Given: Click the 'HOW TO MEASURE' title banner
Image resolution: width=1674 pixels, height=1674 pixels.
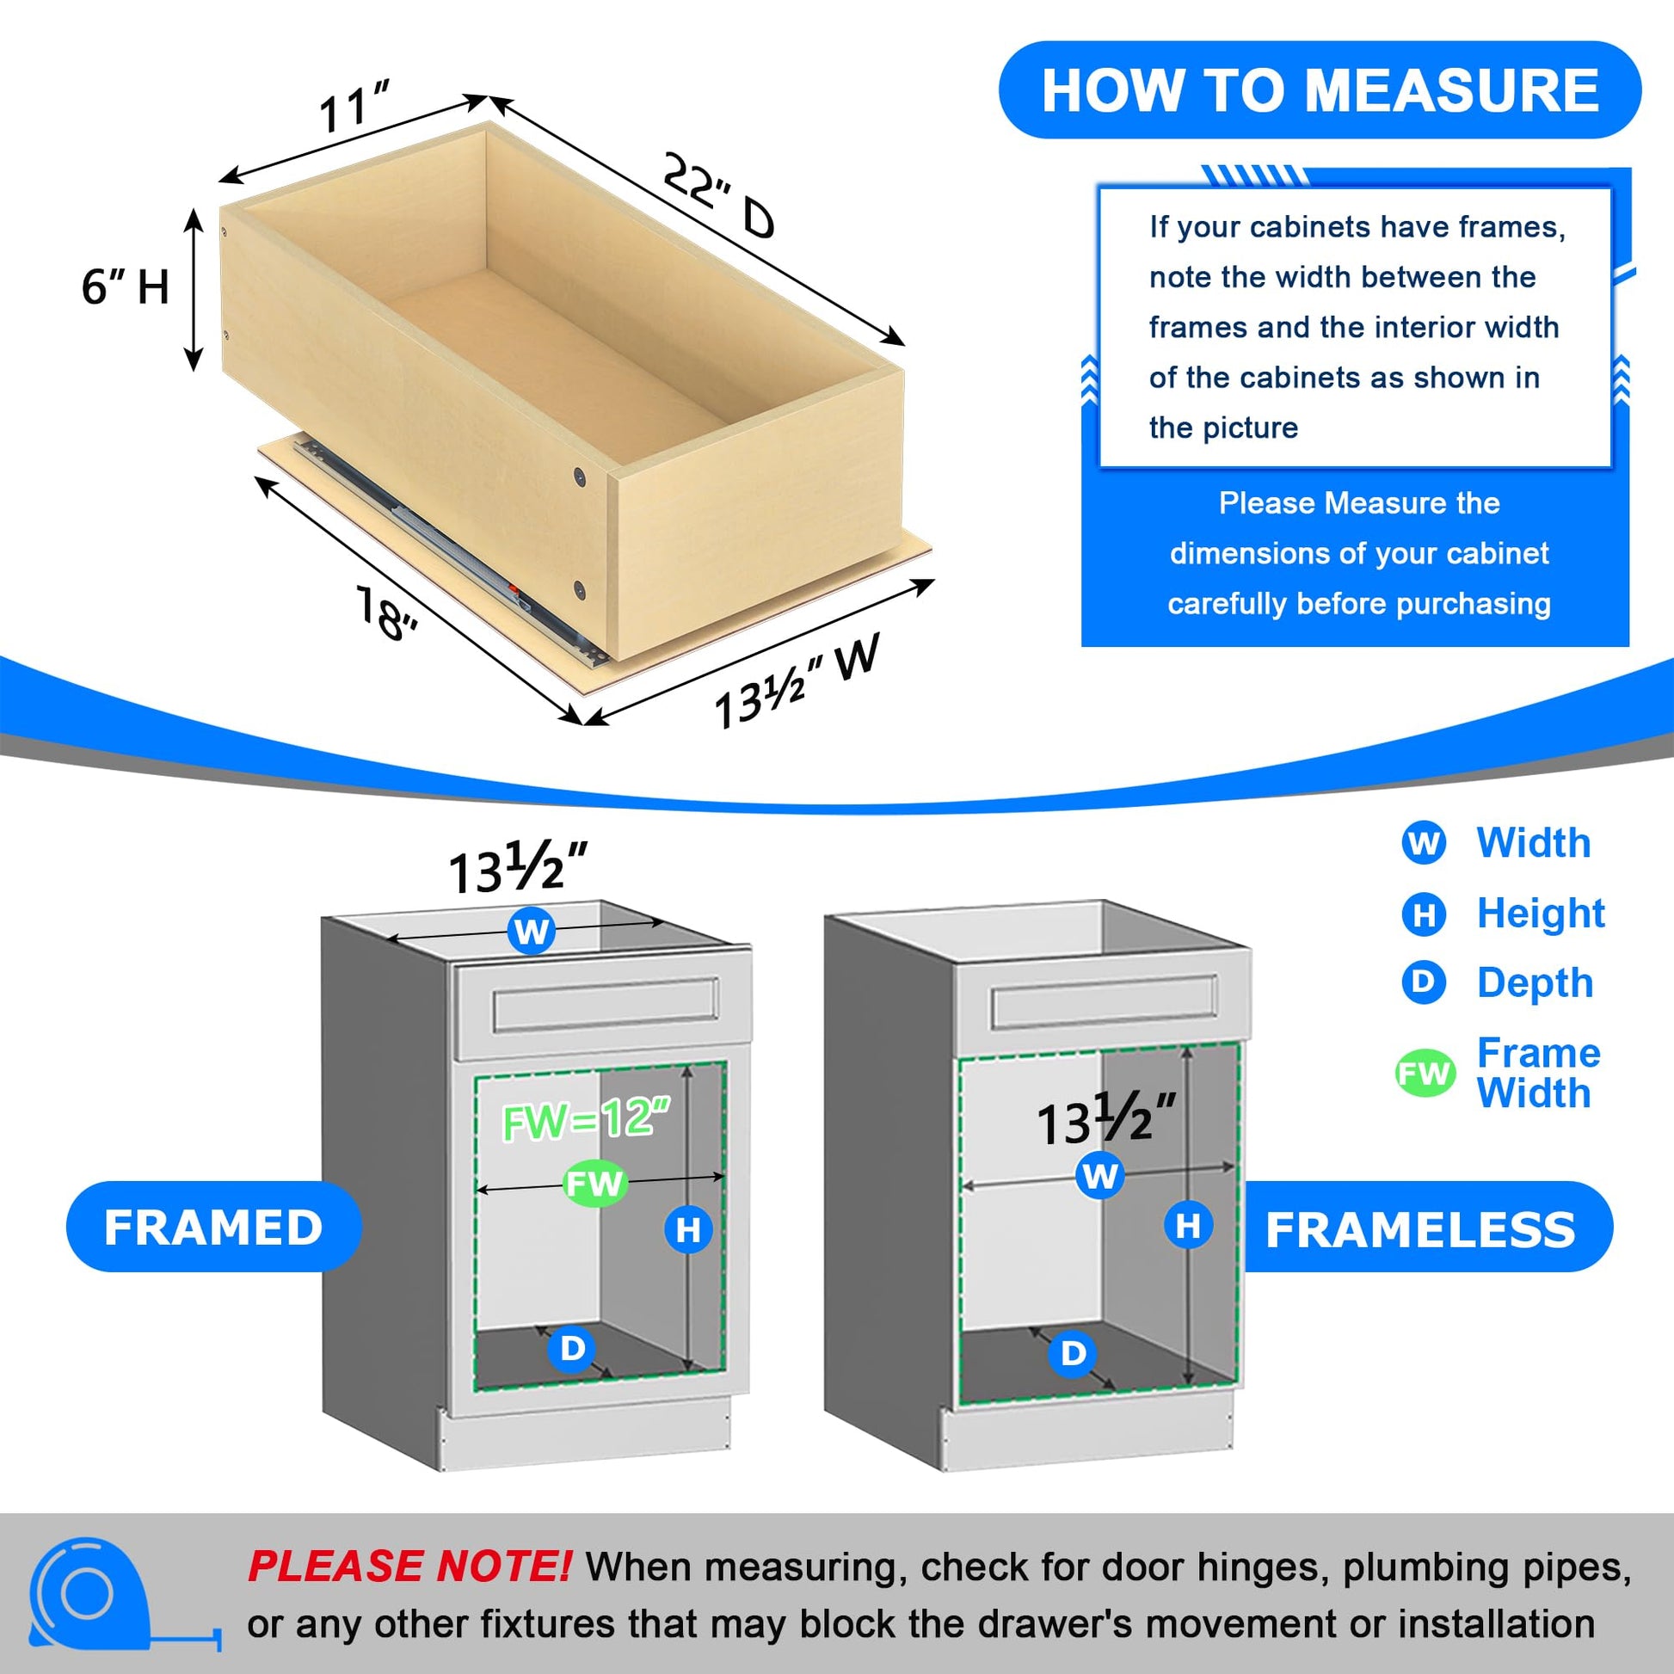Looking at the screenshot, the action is pyautogui.click(x=1320, y=90).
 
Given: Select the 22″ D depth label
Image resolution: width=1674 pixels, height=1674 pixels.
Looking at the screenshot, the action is pyautogui.click(x=718, y=196).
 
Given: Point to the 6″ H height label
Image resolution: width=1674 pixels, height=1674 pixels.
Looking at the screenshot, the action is pyautogui.click(x=126, y=286).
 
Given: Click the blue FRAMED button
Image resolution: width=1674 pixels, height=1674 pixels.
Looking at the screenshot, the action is pyautogui.click(x=213, y=1227).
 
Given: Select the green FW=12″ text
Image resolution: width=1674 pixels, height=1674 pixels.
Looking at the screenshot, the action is pyautogui.click(x=587, y=1118).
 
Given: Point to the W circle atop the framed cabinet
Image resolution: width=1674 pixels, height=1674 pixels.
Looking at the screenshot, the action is pyautogui.click(x=531, y=931).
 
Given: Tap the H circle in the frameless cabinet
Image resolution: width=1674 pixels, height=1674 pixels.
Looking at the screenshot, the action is pyautogui.click(x=1188, y=1225).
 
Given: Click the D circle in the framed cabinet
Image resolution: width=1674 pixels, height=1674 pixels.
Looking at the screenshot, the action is pyautogui.click(x=572, y=1349).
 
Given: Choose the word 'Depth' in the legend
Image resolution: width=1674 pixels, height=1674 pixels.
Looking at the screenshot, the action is pyautogui.click(x=1536, y=982).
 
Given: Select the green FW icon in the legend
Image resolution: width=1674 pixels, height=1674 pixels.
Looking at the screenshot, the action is pyautogui.click(x=1424, y=1074).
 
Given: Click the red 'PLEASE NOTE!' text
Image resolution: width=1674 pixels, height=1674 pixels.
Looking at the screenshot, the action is pyautogui.click(x=409, y=1566).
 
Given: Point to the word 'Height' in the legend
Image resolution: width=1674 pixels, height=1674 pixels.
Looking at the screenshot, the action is pyautogui.click(x=1542, y=914).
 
